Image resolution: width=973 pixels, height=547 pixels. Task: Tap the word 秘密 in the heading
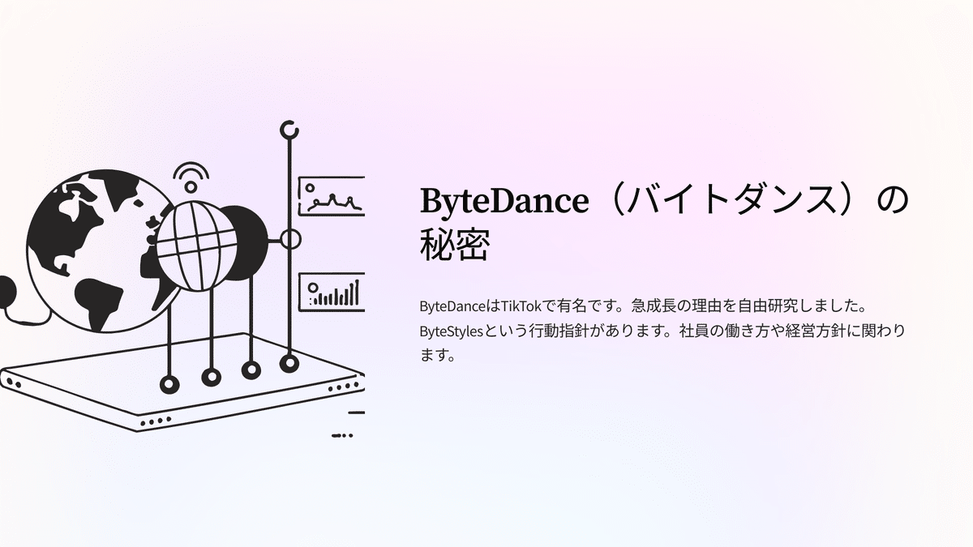coord(454,244)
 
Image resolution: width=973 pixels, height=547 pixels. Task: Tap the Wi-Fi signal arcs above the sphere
coord(191,176)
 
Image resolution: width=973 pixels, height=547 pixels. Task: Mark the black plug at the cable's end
coord(6,290)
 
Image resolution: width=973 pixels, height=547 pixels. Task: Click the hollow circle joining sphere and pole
coord(289,239)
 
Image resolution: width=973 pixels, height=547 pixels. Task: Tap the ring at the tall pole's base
coord(289,363)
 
